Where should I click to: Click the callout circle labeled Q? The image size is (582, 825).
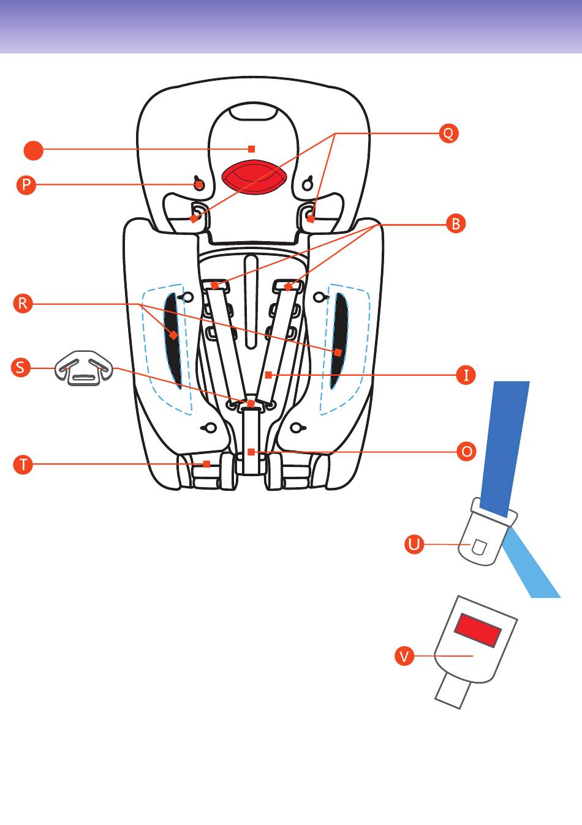click(448, 133)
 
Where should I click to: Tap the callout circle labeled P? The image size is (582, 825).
click(26, 185)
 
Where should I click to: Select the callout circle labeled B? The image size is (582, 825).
click(455, 224)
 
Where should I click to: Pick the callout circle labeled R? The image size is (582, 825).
click(23, 304)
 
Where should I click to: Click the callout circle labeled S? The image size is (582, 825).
click(21, 368)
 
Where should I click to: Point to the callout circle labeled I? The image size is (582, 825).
click(466, 375)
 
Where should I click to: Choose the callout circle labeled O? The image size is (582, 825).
click(467, 452)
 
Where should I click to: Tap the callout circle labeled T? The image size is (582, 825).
click(23, 464)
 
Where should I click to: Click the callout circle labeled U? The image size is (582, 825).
click(415, 544)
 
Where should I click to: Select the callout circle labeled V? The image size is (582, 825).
click(404, 657)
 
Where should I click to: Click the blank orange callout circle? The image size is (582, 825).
click(34, 150)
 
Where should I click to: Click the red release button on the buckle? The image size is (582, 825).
click(478, 630)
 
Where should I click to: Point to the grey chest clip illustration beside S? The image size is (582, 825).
click(84, 368)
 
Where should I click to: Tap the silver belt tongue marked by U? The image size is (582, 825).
click(484, 539)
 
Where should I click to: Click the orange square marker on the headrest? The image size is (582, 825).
click(251, 149)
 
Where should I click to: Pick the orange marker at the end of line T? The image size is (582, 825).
click(206, 464)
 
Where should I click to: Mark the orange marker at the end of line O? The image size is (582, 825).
click(251, 452)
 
